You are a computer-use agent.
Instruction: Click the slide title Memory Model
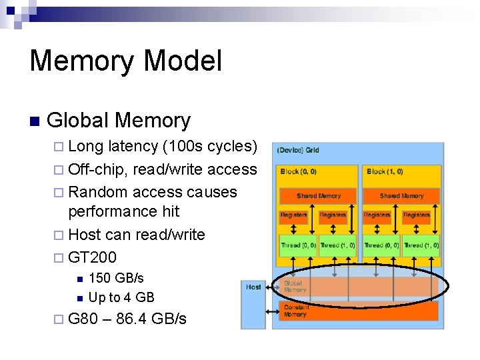(125, 61)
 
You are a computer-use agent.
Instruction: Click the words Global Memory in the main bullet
(119, 121)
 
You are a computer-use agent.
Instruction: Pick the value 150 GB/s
(116, 277)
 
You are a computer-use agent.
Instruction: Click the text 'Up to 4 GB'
(121, 297)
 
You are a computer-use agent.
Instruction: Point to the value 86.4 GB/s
(151, 319)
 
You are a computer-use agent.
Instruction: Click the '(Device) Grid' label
(298, 150)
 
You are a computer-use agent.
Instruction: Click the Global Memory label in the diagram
(295, 287)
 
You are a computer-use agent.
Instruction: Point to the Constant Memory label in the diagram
(296, 311)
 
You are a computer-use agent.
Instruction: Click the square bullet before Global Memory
(35, 121)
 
